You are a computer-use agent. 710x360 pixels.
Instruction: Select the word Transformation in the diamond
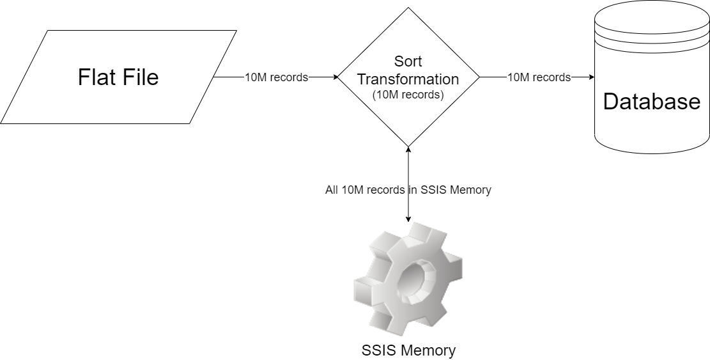pos(408,79)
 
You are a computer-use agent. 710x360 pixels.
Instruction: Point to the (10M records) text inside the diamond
pos(408,95)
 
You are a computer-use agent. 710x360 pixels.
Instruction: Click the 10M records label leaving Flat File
pos(276,77)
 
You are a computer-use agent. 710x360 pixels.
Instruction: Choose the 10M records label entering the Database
pos(539,77)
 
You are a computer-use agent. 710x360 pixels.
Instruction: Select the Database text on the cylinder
pos(652,102)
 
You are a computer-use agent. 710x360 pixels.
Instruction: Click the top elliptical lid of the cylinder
pos(652,19)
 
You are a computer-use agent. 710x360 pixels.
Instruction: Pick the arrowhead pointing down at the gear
pos(408,219)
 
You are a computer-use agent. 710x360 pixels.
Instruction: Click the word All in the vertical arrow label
pos(332,190)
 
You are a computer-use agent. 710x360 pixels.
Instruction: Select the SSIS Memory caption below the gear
pos(408,350)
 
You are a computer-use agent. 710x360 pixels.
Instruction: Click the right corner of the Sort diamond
pos(479,77)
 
